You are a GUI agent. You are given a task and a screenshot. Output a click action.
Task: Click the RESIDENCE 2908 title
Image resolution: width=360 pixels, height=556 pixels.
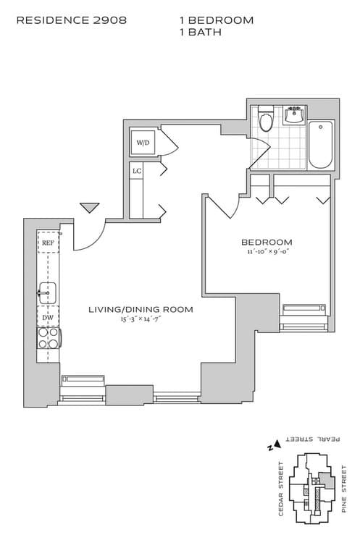71,20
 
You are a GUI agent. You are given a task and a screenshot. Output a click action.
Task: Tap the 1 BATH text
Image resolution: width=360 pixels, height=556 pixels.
200,33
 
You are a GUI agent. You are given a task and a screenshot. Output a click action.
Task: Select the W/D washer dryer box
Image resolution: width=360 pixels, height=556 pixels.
143,143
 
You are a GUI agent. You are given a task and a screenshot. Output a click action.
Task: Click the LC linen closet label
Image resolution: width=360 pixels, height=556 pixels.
136,171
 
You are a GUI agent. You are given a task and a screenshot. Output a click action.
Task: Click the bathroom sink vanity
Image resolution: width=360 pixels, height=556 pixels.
294,115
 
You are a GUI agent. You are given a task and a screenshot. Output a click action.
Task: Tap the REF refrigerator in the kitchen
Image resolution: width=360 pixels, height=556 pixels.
48,243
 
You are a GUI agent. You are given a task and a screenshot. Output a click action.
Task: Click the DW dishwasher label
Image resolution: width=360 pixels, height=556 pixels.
48,317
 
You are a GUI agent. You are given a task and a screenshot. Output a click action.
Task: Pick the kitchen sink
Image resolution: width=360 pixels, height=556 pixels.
47,293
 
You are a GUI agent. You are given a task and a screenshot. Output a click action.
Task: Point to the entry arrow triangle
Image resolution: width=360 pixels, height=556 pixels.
89,208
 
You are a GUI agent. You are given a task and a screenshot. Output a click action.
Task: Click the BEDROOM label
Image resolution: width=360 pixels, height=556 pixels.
267,242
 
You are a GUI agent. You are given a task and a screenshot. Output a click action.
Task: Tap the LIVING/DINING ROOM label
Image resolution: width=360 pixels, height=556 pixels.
141,309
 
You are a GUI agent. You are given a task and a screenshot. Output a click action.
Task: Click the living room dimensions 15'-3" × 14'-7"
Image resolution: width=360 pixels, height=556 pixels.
141,319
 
